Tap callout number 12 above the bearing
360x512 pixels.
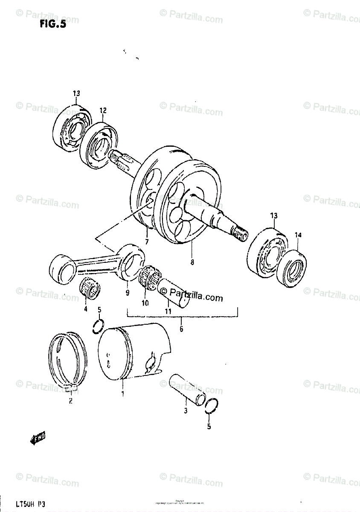(103, 111)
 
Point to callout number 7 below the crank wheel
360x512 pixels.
(147, 242)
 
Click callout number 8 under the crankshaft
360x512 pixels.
(192, 263)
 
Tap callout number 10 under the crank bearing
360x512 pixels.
(145, 303)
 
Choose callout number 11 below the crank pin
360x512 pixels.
(168, 311)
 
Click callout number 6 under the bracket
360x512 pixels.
(181, 329)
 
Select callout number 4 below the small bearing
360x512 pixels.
(85, 308)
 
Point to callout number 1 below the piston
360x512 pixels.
(122, 394)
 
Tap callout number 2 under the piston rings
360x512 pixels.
(70, 401)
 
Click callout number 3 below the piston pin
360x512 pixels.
(186, 411)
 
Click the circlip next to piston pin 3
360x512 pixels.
(212, 406)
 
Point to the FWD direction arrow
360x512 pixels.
(38, 438)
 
